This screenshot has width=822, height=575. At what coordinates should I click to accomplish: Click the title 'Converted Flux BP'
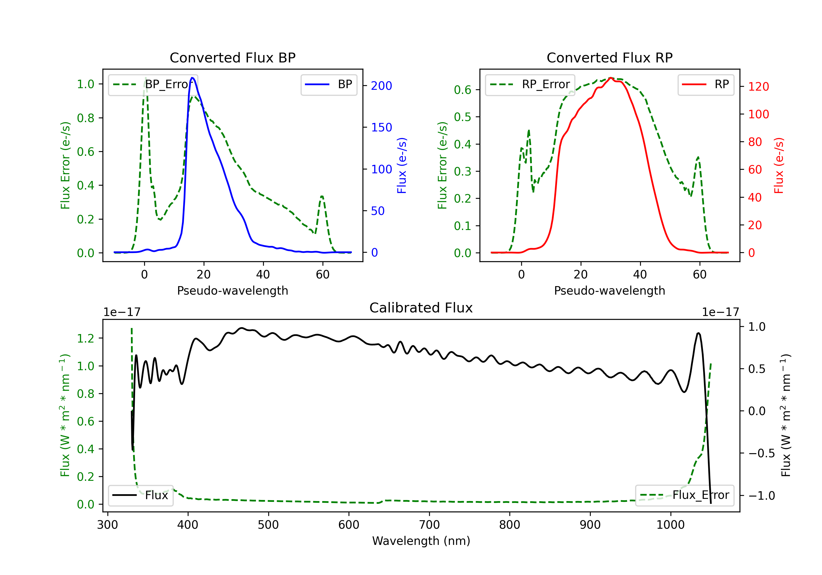pyautogui.click(x=232, y=58)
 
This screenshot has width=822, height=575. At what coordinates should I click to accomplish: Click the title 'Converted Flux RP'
pyautogui.click(x=609, y=58)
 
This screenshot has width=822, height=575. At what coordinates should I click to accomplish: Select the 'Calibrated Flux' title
pyautogui.click(x=421, y=308)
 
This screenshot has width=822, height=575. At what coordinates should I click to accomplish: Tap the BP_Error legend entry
pyautogui.click(x=153, y=84)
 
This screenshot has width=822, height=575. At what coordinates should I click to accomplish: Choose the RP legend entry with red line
pyautogui.click(x=706, y=84)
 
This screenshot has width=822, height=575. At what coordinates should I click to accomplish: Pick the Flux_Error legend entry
pyautogui.click(x=684, y=495)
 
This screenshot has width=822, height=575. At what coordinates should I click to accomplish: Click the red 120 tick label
pyautogui.click(x=758, y=87)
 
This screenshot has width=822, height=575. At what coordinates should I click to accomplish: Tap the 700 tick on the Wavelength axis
pyautogui.click(x=429, y=525)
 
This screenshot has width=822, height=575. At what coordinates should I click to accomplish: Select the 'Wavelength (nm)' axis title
pyautogui.click(x=421, y=541)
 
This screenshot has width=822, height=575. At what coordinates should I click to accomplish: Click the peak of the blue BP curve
pyautogui.click(x=192, y=78)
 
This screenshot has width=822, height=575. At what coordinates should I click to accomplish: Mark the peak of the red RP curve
pyautogui.click(x=611, y=78)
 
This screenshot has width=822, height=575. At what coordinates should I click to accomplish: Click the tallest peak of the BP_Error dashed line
pyautogui.click(x=145, y=78)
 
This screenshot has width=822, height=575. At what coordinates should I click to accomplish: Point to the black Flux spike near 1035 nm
pyautogui.click(x=698, y=333)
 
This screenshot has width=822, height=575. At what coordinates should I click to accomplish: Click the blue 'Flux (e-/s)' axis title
pyautogui.click(x=402, y=166)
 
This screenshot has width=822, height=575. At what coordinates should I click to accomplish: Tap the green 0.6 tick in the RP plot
pyautogui.click(x=463, y=90)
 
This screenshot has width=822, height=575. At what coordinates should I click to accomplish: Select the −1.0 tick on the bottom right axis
pyautogui.click(x=761, y=496)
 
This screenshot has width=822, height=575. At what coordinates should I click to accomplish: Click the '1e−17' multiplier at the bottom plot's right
pyautogui.click(x=720, y=312)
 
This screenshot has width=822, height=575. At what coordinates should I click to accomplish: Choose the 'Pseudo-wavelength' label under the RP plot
pyautogui.click(x=609, y=291)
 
